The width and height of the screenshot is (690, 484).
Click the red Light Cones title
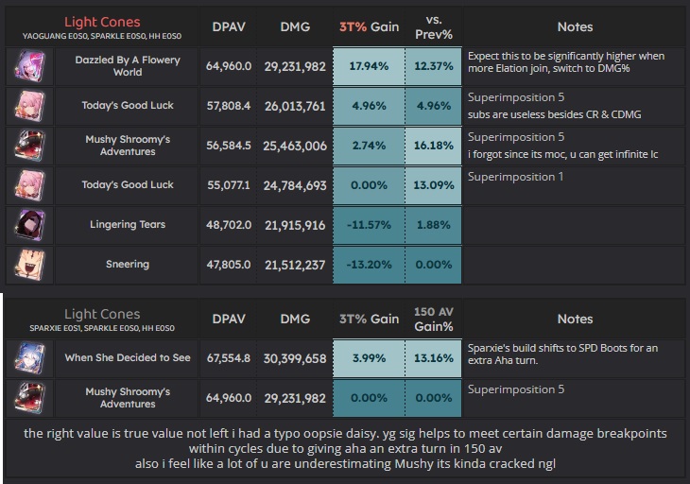[101, 21]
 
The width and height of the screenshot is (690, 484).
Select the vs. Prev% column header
[434, 27]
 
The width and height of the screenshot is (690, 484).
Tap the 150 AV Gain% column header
[434, 319]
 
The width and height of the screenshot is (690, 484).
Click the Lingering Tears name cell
[128, 225]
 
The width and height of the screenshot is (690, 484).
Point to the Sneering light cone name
[128, 265]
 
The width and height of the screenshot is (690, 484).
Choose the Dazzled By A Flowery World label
[128, 65]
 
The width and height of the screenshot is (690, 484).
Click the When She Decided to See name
[128, 358]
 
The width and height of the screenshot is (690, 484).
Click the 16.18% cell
[434, 146]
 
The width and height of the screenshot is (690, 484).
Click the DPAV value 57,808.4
[228, 106]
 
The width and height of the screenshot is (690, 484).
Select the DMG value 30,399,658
[296, 358]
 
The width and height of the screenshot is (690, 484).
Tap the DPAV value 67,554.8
[228, 358]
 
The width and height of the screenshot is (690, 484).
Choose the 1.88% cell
[434, 225]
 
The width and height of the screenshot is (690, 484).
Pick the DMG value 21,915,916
[296, 225]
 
